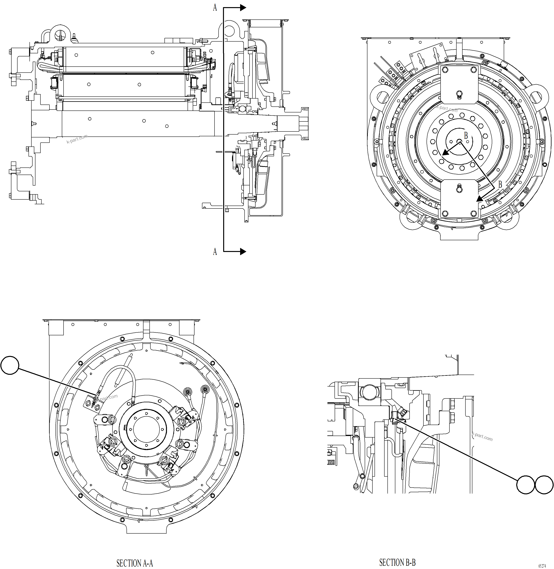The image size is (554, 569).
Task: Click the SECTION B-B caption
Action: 397,562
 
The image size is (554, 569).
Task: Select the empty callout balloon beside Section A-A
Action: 10,365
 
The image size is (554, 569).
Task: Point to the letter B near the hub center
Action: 466,136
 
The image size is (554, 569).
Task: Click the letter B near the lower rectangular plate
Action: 500,184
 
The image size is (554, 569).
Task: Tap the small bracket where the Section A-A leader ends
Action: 91,403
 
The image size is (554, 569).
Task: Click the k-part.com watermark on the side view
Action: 77,139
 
